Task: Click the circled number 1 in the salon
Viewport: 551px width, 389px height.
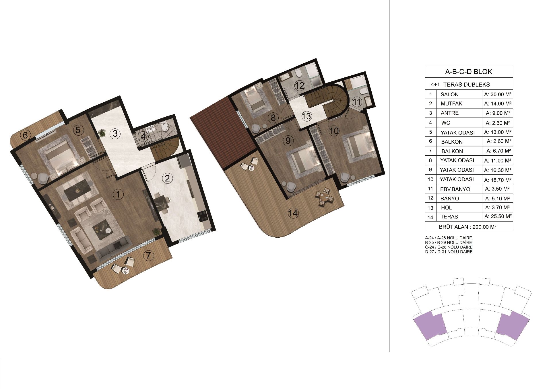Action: pyautogui.click(x=118, y=195)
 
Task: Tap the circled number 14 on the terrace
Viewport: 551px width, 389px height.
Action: pyautogui.click(x=293, y=213)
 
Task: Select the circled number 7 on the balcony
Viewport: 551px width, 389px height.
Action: pyautogui.click(x=148, y=255)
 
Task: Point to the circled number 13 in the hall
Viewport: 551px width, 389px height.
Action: pyautogui.click(x=306, y=116)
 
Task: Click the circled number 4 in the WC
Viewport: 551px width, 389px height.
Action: pyautogui.click(x=143, y=137)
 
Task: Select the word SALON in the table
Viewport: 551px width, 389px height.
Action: pyautogui.click(x=449, y=95)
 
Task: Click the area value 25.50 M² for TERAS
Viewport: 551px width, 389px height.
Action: pyautogui.click(x=498, y=216)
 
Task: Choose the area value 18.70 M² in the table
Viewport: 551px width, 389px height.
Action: pyautogui.click(x=498, y=180)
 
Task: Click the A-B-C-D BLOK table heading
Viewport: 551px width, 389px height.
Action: pyautogui.click(x=469, y=71)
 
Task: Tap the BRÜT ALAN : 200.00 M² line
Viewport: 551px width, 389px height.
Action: pyautogui.click(x=468, y=227)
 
